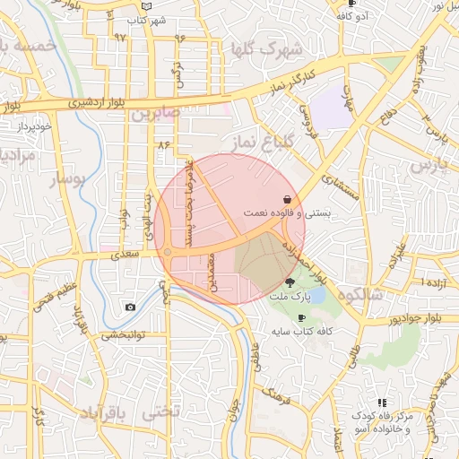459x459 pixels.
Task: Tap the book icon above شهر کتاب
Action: point(147,4)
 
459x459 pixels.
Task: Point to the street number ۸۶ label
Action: point(162,143)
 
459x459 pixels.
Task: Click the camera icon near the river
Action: point(131,307)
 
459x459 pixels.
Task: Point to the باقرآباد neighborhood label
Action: point(106,412)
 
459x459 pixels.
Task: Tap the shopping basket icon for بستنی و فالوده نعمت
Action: point(286,199)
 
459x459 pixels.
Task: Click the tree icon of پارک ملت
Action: point(288,281)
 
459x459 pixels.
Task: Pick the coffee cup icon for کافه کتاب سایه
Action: point(301,317)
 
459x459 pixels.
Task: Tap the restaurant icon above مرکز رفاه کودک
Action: point(382,403)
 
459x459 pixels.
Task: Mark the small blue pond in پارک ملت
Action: point(316,295)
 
